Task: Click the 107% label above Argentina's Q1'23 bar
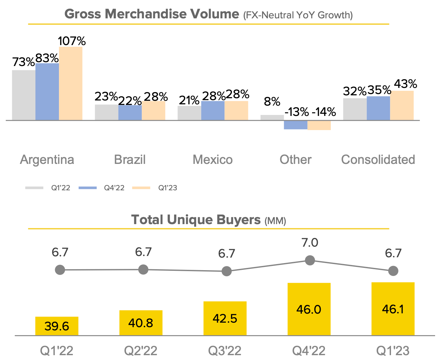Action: point(72,41)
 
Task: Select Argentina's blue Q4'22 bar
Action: point(47,92)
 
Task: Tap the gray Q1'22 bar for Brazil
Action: point(106,112)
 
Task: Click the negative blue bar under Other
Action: point(295,125)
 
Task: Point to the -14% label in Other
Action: point(324,112)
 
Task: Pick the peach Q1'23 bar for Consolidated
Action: point(402,106)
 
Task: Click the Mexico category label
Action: point(213,160)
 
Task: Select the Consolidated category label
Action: point(378,160)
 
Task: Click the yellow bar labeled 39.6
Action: point(57,326)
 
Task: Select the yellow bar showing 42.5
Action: point(225,318)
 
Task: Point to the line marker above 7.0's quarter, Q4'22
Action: point(310,260)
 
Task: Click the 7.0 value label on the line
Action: point(310,243)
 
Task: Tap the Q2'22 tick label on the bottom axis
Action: point(141,351)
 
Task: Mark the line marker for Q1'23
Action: point(393,271)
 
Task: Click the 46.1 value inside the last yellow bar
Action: point(393,309)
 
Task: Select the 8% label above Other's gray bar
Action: point(272,102)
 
